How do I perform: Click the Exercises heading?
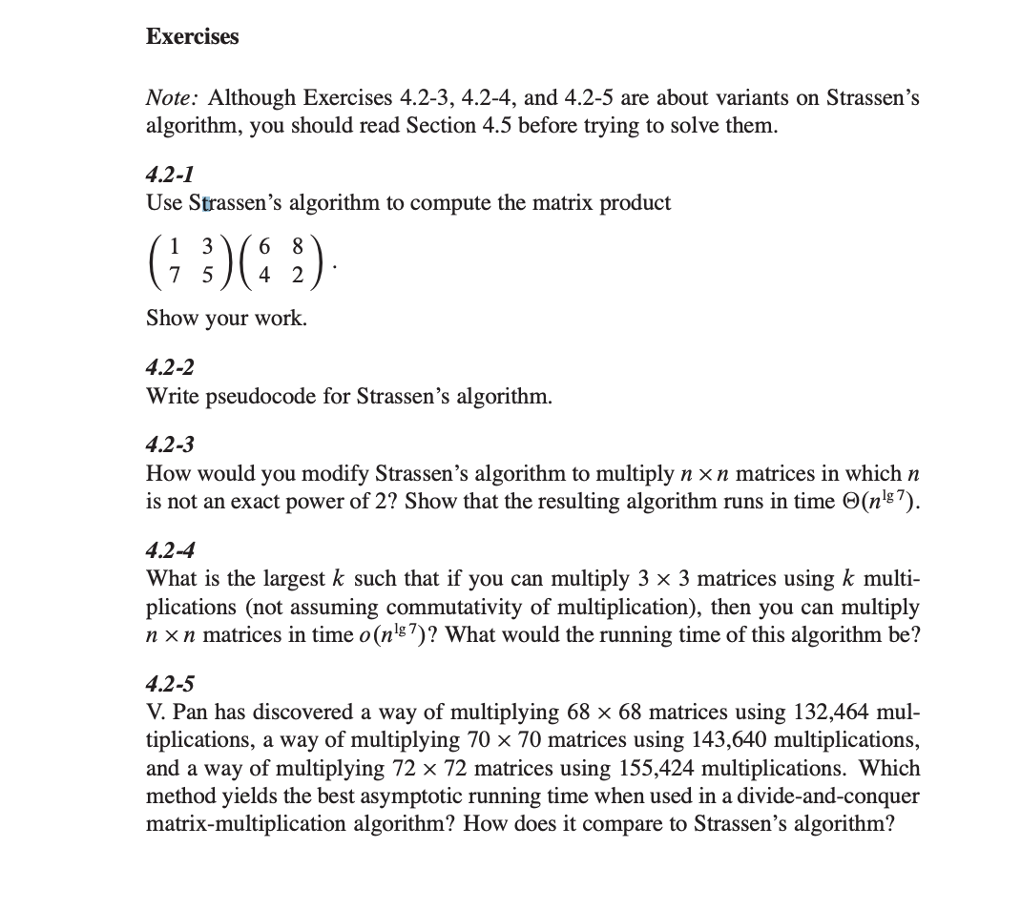[x=192, y=37]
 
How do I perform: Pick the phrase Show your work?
[x=226, y=319]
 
